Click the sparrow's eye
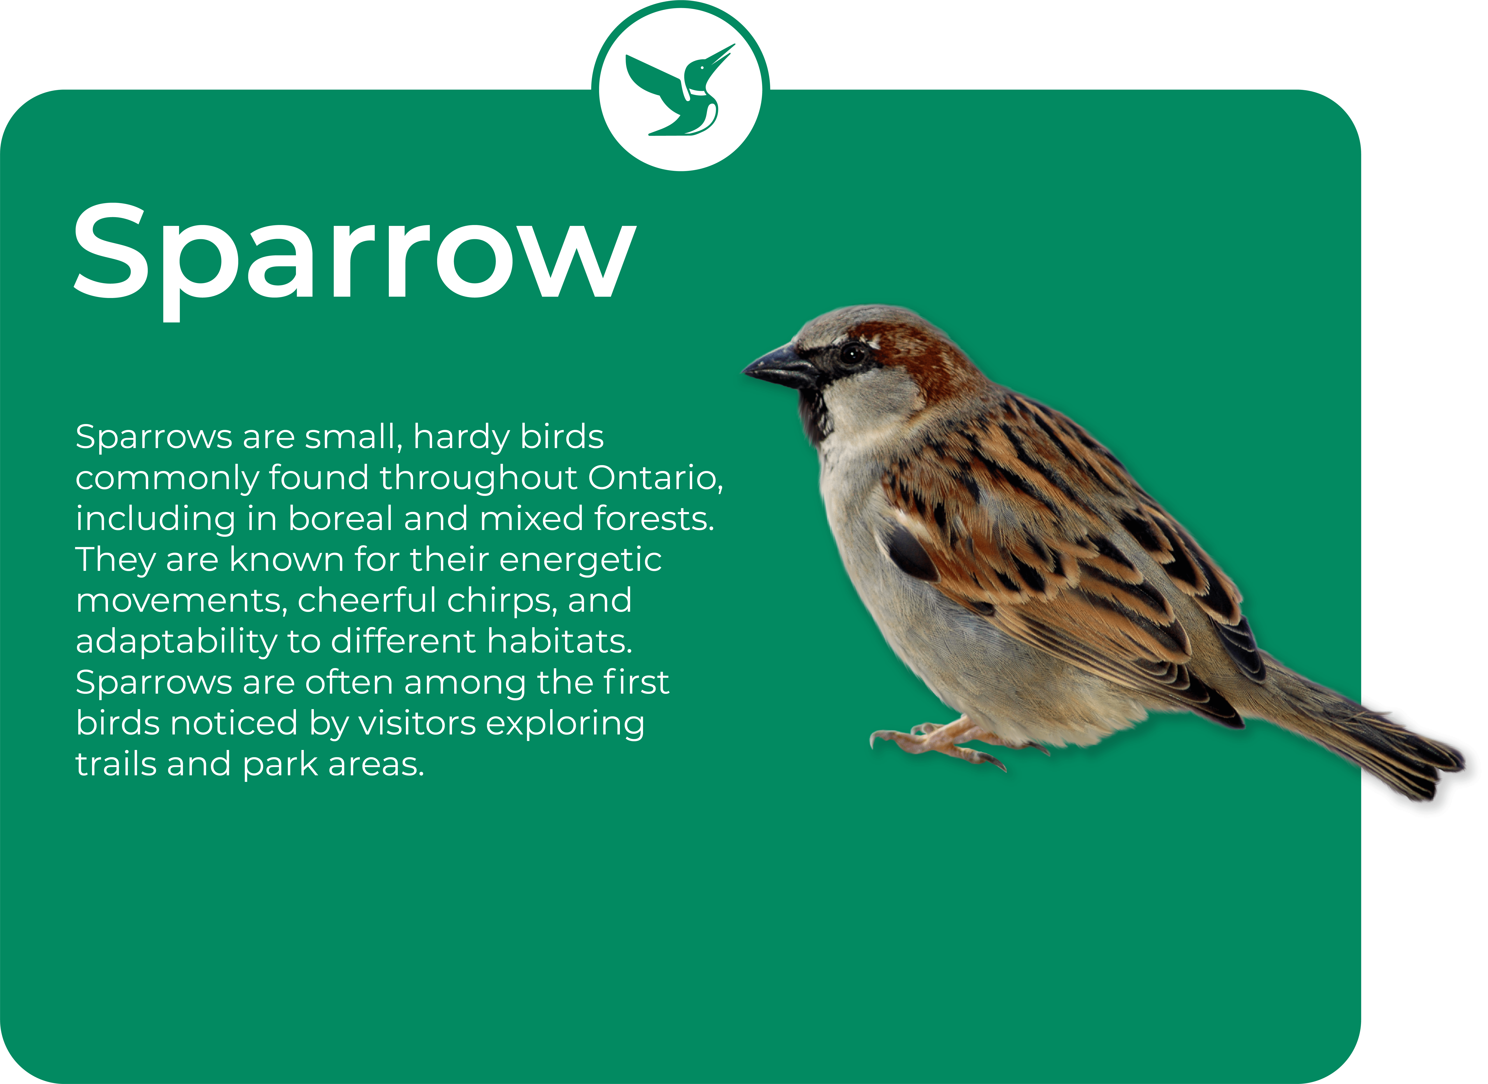click(x=853, y=354)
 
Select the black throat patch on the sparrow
click(x=814, y=413)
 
